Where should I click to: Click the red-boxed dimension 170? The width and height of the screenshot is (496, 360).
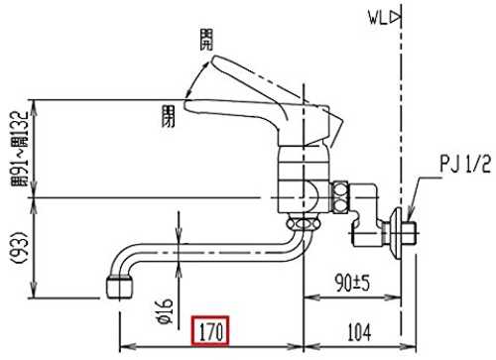click(210, 330)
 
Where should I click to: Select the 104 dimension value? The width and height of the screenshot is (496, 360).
click(359, 332)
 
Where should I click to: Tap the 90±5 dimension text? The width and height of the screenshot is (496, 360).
click(352, 283)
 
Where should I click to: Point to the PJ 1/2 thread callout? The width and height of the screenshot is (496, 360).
click(465, 164)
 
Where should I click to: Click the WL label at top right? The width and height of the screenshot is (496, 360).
click(378, 18)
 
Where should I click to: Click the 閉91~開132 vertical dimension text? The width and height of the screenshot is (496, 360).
click(20, 149)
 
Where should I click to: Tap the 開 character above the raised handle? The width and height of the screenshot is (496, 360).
click(206, 40)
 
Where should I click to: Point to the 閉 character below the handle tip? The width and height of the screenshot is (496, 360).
click(168, 116)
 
